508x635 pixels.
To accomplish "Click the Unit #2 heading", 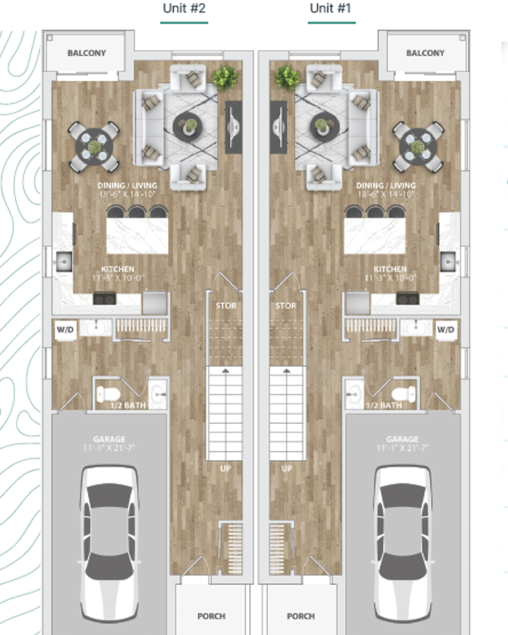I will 184,9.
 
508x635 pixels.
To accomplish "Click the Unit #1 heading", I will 330,9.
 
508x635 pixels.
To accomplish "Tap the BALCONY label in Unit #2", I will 87,53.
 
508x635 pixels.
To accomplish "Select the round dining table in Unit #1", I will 418,147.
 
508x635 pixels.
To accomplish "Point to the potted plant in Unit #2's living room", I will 225,77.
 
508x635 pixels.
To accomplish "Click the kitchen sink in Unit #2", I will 64,261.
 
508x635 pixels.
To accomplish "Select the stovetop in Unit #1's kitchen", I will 408,298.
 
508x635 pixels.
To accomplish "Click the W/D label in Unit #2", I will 65,329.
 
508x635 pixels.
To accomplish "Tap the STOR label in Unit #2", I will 226,306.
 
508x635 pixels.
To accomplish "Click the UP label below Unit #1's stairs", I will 287,468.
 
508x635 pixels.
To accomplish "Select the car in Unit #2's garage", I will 109,543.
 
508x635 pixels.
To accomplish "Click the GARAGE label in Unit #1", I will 402,439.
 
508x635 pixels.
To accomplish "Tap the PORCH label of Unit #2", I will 211,616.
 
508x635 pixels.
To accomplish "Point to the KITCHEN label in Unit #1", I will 390,269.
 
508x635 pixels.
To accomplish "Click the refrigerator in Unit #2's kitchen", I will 154,303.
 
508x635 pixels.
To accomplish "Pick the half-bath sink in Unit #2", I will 158,394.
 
